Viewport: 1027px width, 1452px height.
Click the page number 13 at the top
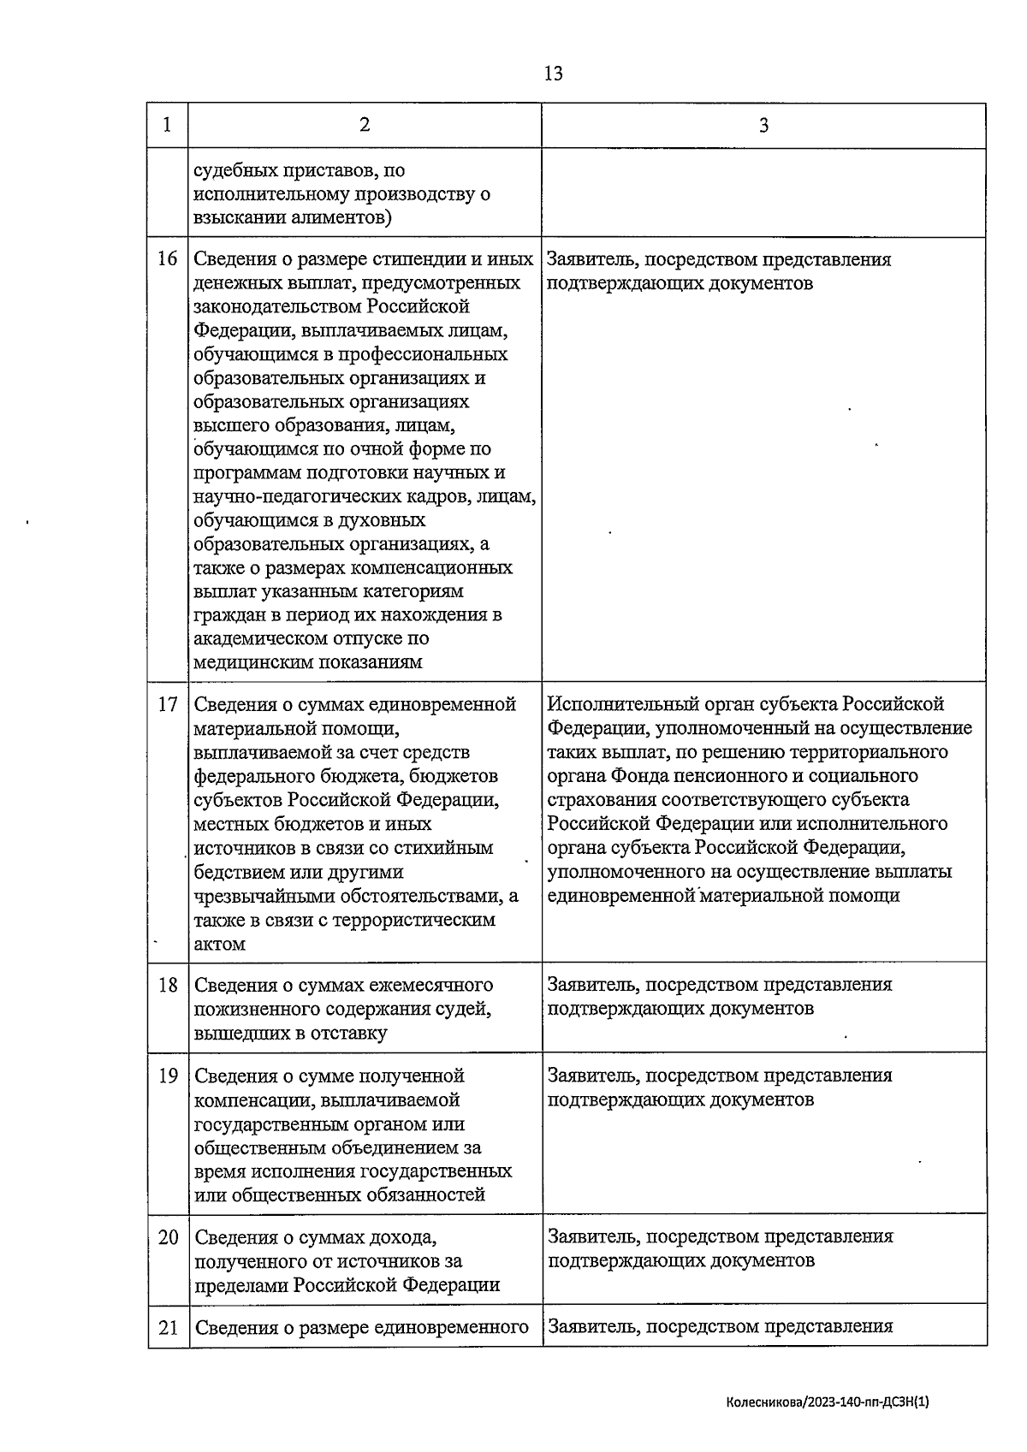click(x=553, y=74)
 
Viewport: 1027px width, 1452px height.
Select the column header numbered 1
click(x=167, y=125)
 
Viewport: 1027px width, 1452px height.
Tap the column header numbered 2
click(x=365, y=125)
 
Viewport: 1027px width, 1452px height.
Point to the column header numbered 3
click(x=763, y=126)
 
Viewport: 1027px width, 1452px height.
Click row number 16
click(x=168, y=258)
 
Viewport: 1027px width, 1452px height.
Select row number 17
click(x=168, y=704)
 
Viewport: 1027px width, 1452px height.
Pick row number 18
click(x=168, y=985)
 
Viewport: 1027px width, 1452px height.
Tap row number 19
click(x=168, y=1076)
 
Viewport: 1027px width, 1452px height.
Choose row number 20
click(x=168, y=1237)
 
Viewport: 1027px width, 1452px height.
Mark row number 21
click(x=168, y=1327)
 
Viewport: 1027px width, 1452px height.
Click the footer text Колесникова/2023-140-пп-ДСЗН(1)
click(x=827, y=1402)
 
